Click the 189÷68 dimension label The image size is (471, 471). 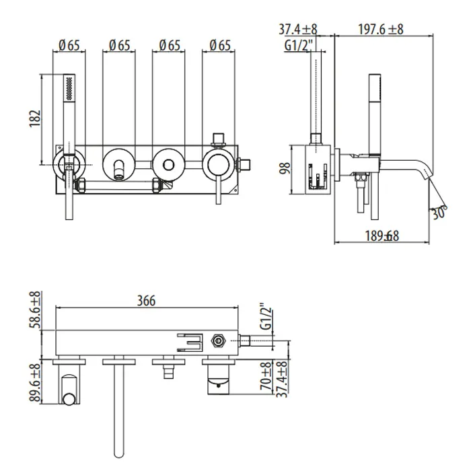pos(381,235)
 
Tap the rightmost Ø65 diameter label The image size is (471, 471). pos(219,45)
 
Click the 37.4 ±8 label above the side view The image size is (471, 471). pos(299,29)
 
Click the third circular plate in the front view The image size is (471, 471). pos(166,162)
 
